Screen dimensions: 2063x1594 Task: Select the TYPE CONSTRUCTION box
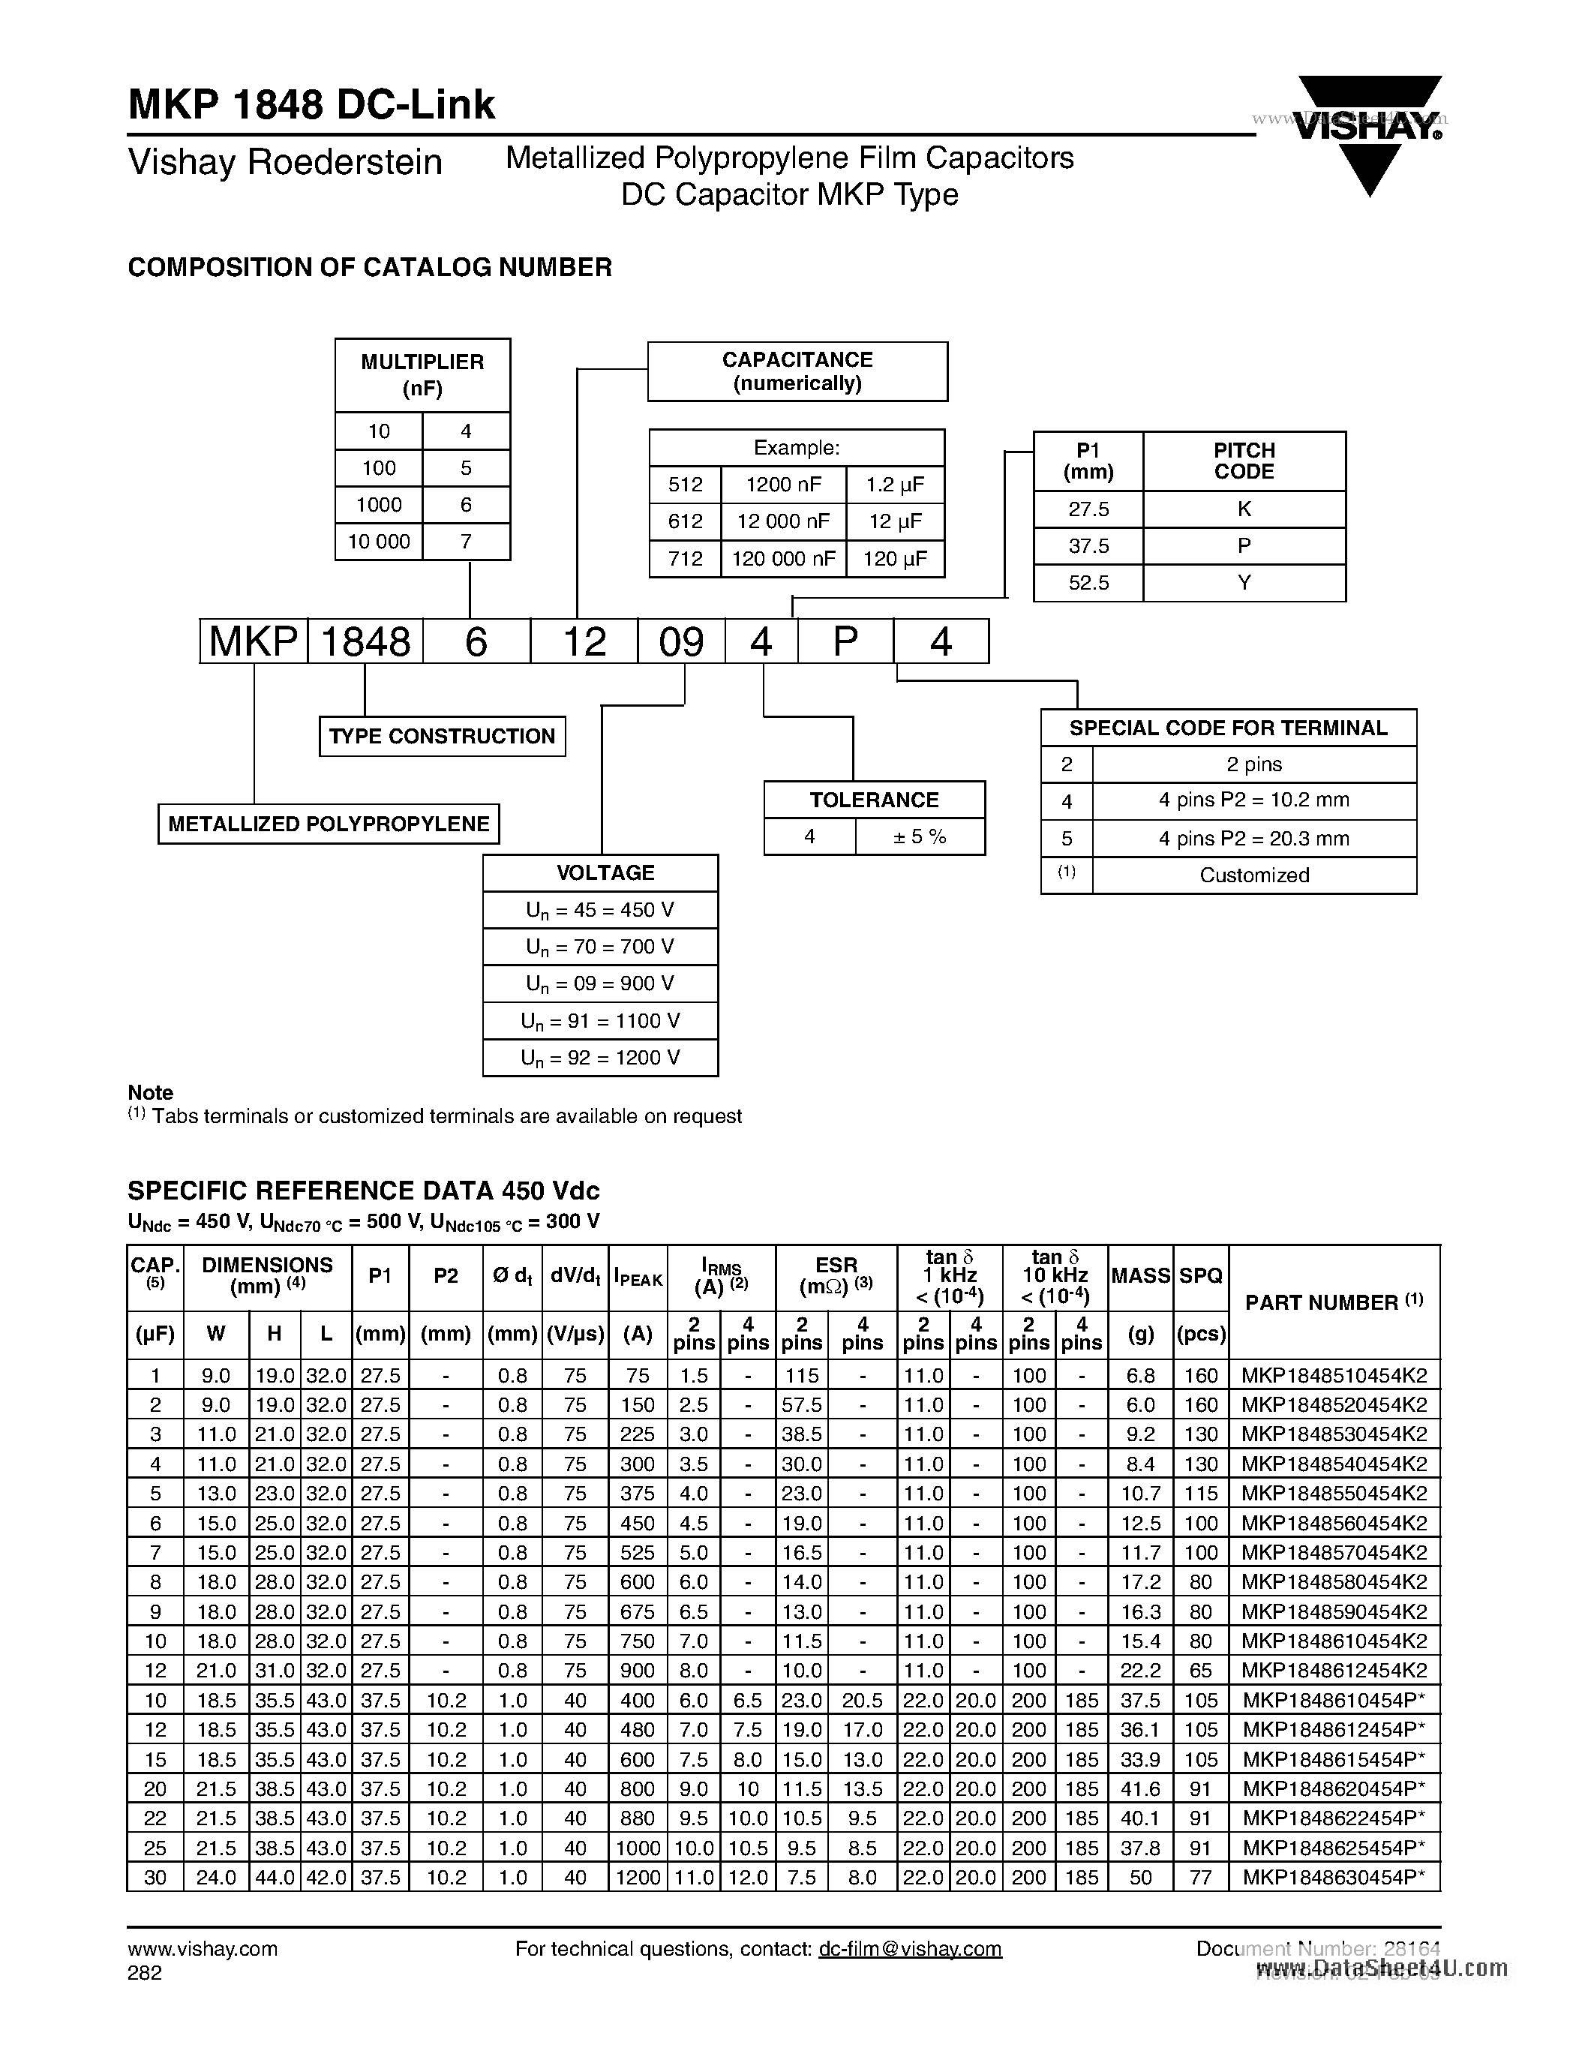pyautogui.click(x=442, y=736)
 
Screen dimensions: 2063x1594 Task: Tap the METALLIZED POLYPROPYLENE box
pyautogui.click(x=328, y=824)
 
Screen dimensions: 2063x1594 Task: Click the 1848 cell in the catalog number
pyautogui.click(x=365, y=642)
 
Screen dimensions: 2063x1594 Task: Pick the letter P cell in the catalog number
pyautogui.click(x=845, y=642)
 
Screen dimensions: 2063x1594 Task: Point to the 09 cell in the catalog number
pyautogui.click(x=681, y=642)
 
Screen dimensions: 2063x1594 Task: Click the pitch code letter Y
pyautogui.click(x=1244, y=583)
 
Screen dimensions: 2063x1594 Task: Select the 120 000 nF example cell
pyautogui.click(x=783, y=558)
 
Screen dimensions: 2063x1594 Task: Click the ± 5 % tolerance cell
pyautogui.click(x=919, y=837)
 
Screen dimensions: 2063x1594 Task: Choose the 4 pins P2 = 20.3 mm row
pyautogui.click(x=1253, y=838)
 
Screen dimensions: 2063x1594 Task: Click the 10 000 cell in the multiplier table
pyautogui.click(x=379, y=541)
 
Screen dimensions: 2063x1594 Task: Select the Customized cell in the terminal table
pyautogui.click(x=1253, y=875)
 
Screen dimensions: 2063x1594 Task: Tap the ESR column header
pyautogui.click(x=836, y=1275)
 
